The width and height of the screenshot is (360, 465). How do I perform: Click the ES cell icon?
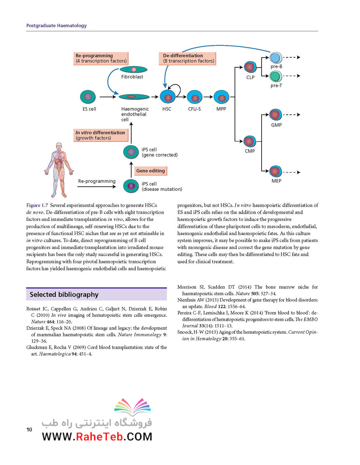pos(88,97)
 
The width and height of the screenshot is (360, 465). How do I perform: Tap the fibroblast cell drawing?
pos(133,69)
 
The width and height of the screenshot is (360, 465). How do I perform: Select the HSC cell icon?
pos(168,97)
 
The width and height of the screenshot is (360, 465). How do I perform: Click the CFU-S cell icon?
pos(195,97)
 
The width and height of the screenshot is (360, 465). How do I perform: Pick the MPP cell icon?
pos(221,97)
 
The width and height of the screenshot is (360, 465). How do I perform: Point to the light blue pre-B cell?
pos(276,57)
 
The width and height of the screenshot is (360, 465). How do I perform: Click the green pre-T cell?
pos(276,76)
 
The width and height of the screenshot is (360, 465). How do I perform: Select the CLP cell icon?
pos(250,67)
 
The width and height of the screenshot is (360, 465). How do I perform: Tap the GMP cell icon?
pos(276,115)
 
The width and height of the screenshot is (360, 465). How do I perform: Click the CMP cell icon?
pos(250,142)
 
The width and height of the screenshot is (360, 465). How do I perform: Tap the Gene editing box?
pos(150,171)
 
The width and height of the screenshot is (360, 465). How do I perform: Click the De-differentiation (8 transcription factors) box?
pos(187,58)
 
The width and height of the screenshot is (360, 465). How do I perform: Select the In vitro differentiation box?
pos(101,135)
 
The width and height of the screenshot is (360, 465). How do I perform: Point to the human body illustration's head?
pos(58,147)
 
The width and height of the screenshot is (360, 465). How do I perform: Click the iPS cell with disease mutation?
pos(131,186)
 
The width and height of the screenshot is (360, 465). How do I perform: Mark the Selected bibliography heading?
pos(64,294)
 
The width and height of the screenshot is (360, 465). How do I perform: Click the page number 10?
pos(29,429)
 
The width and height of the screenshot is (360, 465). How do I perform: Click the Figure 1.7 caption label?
pos(37,205)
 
